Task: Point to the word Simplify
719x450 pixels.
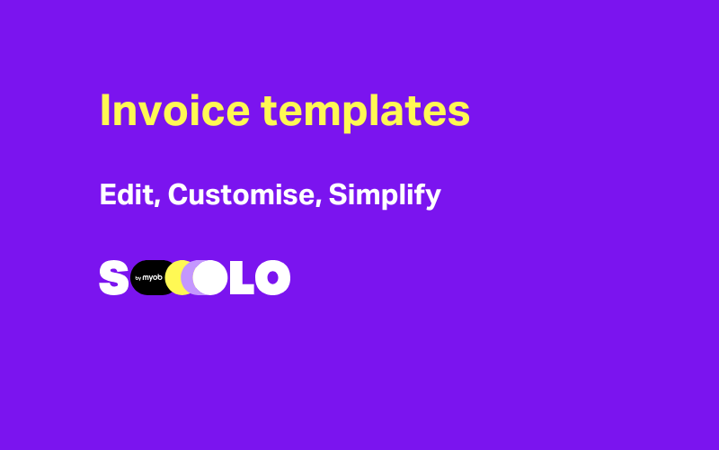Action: point(385,195)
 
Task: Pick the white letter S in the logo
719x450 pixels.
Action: point(113,278)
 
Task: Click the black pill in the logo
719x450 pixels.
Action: point(146,278)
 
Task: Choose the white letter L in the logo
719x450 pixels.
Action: point(242,278)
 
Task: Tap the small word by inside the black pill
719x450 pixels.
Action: point(138,279)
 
